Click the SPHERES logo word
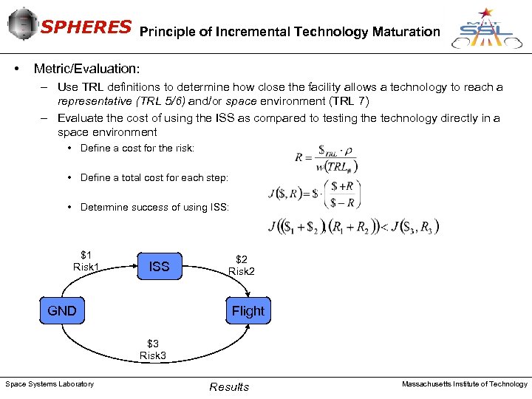tap(86, 27)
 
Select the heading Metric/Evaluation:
tap(86, 69)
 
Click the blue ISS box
tap(159, 267)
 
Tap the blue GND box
tap(62, 311)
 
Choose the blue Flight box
tap(248, 311)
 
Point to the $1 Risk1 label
tap(86, 261)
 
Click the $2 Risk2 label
tap(242, 265)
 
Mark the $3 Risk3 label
tap(153, 349)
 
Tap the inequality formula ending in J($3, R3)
tap(354, 227)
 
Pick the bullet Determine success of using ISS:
tap(154, 208)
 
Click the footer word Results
tap(229, 387)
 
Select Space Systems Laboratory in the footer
tap(50, 383)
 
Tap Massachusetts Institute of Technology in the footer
tap(464, 383)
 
